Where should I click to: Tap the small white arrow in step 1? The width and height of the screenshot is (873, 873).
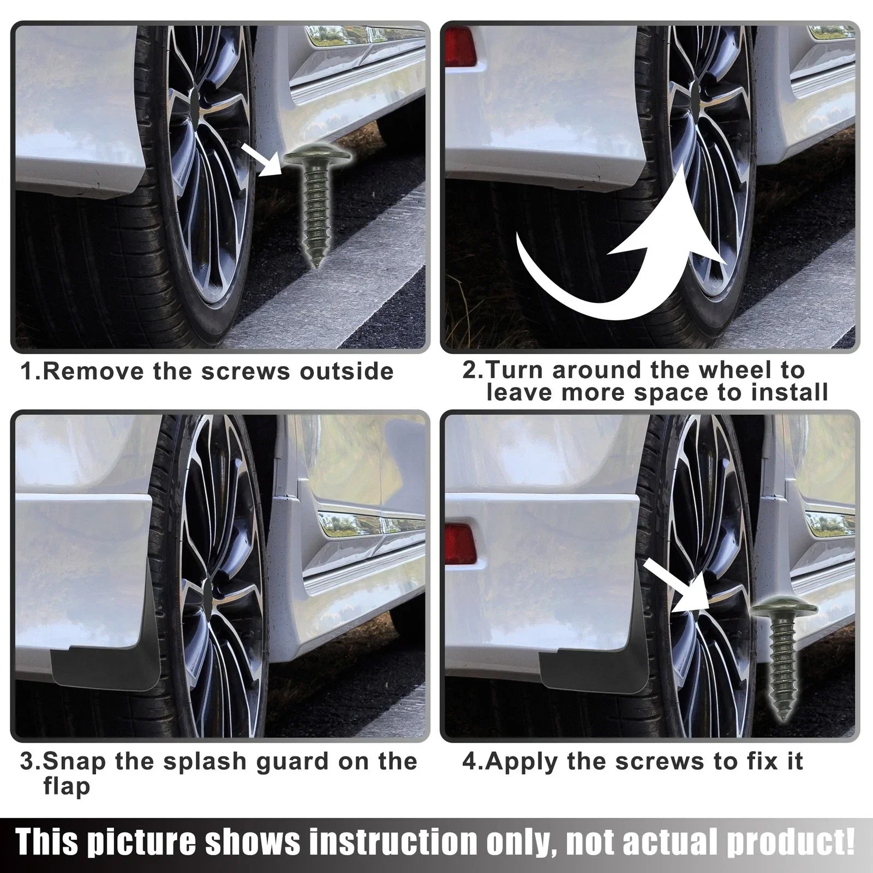click(x=262, y=159)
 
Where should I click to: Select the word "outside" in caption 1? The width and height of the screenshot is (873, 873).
click(x=346, y=372)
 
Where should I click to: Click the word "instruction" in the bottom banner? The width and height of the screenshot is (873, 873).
click(x=390, y=843)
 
